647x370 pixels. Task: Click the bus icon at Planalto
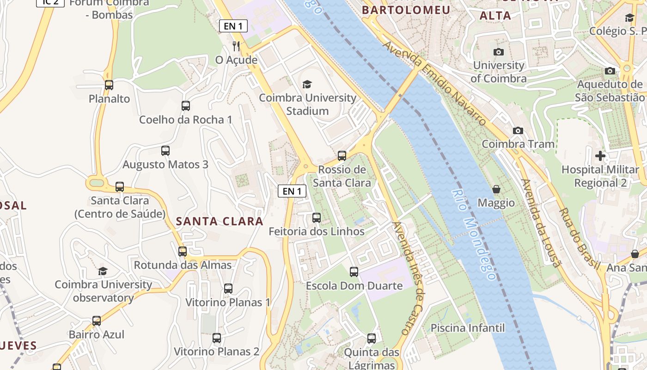(109, 85)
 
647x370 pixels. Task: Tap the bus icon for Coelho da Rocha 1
(186, 106)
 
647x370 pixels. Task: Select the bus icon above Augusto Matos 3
(165, 151)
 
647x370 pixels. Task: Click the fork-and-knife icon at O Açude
(236, 46)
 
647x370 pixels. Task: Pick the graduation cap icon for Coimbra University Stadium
(307, 84)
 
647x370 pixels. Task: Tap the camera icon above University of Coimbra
(498, 52)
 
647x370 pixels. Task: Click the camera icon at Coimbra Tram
(518, 130)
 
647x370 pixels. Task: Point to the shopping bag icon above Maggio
(496, 189)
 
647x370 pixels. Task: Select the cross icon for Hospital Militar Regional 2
(600, 156)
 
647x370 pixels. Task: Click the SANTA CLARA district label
(220, 221)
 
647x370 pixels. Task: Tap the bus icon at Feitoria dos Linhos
(317, 218)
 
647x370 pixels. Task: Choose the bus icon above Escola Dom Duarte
(354, 272)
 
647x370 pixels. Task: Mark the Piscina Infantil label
(468, 328)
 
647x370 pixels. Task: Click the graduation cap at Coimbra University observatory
(103, 271)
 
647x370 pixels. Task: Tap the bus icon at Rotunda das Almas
(183, 252)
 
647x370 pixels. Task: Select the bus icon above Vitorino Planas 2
(217, 338)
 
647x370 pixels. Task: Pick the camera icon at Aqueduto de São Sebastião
(610, 71)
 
